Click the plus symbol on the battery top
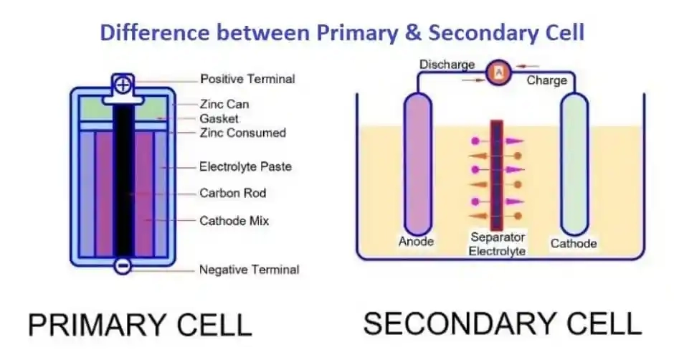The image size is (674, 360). (x=123, y=85)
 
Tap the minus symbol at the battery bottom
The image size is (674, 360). (x=123, y=266)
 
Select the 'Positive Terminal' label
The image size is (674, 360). (x=247, y=79)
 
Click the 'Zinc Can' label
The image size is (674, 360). (x=224, y=104)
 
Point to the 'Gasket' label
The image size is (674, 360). (x=219, y=119)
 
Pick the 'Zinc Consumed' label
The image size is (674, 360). (x=243, y=133)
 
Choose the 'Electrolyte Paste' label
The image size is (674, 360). (x=245, y=166)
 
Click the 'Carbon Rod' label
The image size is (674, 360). (x=232, y=193)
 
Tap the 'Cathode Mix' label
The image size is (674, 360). (x=234, y=221)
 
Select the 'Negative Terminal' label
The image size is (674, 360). (x=250, y=270)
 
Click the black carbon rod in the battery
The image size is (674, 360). (x=123, y=181)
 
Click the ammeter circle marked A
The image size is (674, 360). (x=498, y=72)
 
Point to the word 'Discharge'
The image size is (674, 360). (x=447, y=65)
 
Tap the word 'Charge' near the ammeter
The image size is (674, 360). (x=547, y=80)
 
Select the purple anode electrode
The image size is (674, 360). (x=417, y=164)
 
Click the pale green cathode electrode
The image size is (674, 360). (x=574, y=164)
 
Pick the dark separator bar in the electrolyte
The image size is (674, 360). (x=497, y=175)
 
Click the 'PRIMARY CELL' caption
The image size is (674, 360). (x=140, y=325)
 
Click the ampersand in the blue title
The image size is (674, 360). (x=414, y=33)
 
